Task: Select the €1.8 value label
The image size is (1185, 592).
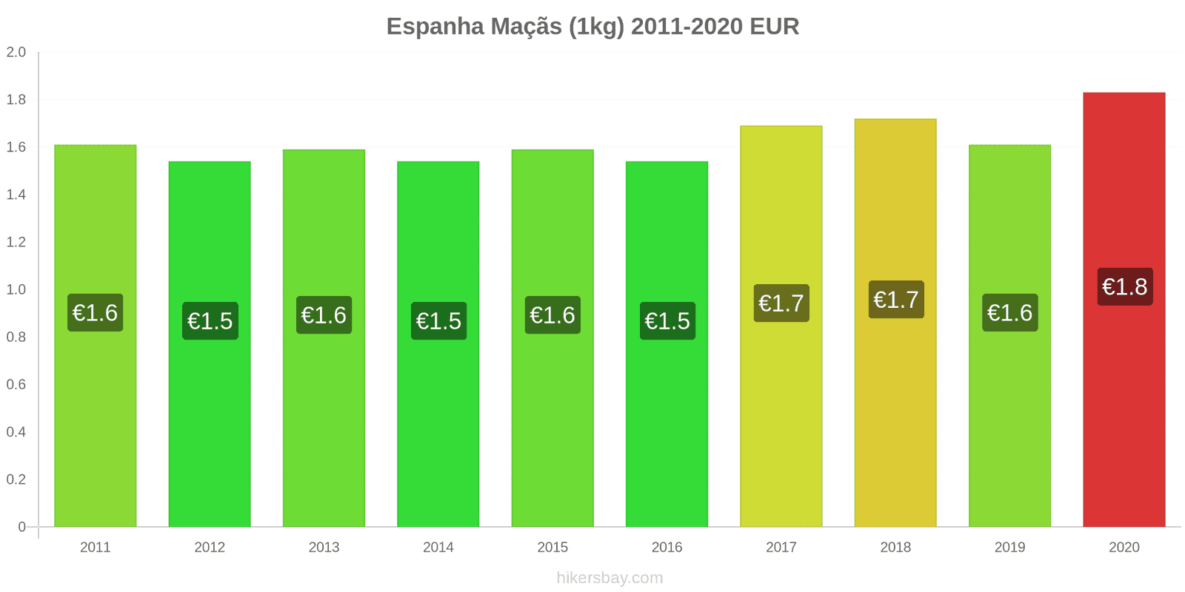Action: click(1124, 287)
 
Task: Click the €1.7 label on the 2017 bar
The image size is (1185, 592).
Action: click(781, 303)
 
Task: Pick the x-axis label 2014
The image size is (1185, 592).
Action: click(438, 548)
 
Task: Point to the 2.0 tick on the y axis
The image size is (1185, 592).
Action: click(16, 53)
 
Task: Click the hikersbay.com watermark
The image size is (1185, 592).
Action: click(610, 578)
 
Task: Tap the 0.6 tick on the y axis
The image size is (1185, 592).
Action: click(16, 385)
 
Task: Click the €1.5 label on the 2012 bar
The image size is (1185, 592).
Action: click(210, 321)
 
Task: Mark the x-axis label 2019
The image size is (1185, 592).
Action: click(1009, 548)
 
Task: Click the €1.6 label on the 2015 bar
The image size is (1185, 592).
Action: click(553, 315)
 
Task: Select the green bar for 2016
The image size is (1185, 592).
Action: click(667, 429)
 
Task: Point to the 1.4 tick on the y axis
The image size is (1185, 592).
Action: click(16, 195)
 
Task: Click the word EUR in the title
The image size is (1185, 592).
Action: click(774, 27)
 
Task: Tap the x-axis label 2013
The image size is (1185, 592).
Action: click(324, 548)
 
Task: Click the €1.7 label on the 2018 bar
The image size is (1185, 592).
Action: click(895, 300)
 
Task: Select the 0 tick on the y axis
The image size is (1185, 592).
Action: click(22, 527)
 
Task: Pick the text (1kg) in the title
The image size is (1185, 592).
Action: click(596, 27)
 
